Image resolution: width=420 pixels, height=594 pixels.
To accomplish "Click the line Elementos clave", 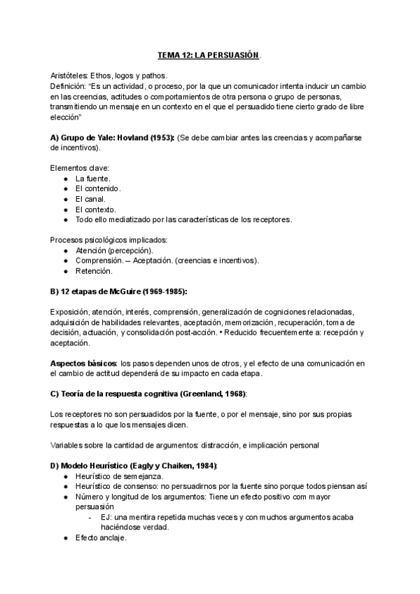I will [x=80, y=168].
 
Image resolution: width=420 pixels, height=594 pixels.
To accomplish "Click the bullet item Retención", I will [x=94, y=271].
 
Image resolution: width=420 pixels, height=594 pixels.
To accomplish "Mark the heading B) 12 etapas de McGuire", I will [x=119, y=291].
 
